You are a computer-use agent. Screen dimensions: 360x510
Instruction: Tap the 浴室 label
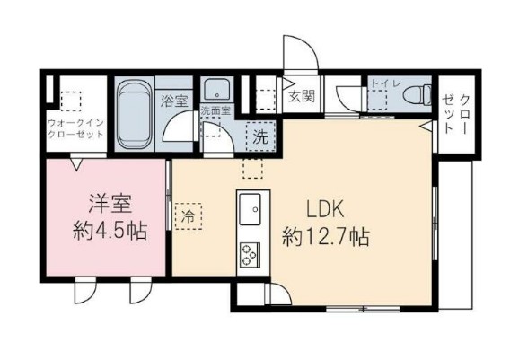[174, 101]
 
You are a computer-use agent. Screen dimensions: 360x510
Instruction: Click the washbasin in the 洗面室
[215, 91]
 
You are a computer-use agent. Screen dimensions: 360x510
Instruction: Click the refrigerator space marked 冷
[189, 216]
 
